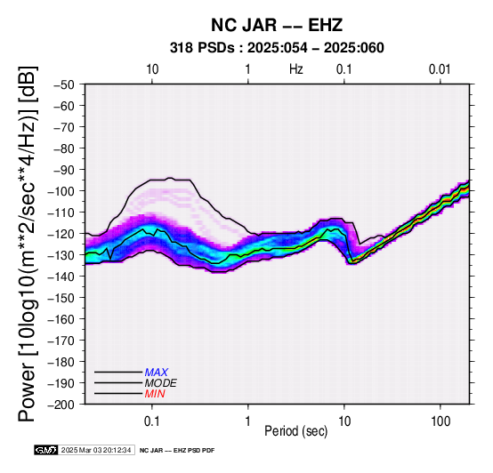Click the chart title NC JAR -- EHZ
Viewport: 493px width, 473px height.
coord(277,25)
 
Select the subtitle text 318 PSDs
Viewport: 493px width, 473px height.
coord(202,48)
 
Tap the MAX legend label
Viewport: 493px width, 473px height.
coord(157,373)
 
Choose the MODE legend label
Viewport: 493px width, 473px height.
coord(161,383)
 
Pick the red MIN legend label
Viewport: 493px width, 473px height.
coord(155,394)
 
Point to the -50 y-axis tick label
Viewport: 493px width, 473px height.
coord(64,84)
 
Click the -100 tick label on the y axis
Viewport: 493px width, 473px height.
coord(61,191)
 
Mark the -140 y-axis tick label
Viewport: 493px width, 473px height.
coord(61,277)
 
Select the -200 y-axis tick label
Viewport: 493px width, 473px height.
coord(61,405)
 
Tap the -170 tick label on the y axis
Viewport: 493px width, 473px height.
coord(61,341)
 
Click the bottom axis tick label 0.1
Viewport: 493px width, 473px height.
coord(152,421)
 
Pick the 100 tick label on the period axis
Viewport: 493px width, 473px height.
coord(440,421)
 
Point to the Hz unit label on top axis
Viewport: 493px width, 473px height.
coord(296,69)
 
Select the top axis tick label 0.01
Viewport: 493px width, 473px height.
coord(440,69)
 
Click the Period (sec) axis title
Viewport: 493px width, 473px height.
coord(295,431)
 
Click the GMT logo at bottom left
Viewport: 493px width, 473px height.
coord(46,450)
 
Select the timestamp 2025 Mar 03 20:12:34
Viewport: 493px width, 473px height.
coord(96,450)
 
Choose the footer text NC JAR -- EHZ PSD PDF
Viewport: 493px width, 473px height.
coord(177,451)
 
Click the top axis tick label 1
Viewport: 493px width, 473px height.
coord(248,69)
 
